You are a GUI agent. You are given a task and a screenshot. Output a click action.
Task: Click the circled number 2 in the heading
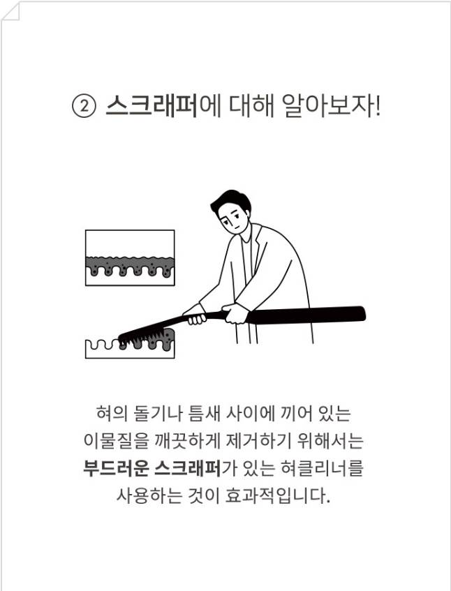coord(84,107)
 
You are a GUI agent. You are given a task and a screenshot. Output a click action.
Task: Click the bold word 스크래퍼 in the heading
coord(151,105)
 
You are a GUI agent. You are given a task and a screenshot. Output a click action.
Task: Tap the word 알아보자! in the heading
coord(332,105)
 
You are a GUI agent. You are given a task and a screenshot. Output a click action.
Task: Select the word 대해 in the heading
coord(251,105)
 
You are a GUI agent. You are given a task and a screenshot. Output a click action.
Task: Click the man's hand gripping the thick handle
coord(236,313)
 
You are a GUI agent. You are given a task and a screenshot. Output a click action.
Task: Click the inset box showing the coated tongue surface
coord(130,257)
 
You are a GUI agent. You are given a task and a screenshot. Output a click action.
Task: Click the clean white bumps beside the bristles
coord(102,344)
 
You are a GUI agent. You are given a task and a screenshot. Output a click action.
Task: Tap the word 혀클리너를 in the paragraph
coord(323,468)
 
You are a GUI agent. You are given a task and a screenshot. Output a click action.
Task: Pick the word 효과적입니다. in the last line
coord(278,495)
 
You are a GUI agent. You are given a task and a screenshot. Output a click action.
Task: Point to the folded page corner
coord(10,10)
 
